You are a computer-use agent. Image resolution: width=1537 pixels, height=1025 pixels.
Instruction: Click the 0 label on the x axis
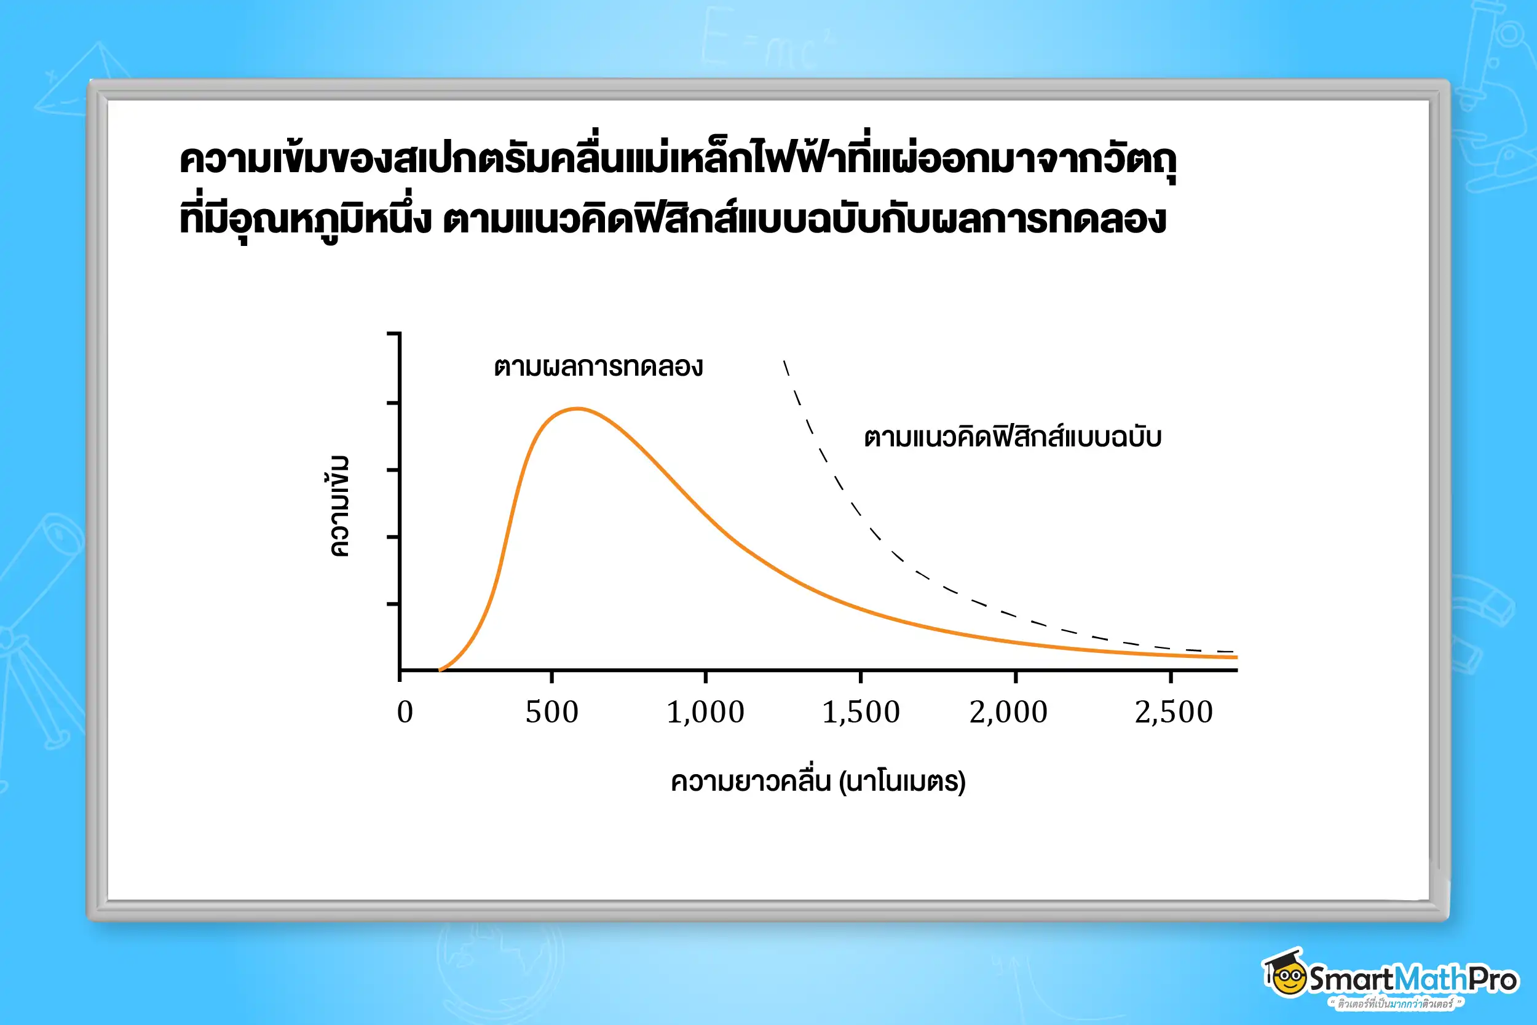click(x=405, y=713)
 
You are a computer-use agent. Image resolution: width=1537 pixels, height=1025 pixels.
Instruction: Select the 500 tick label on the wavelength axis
click(x=552, y=713)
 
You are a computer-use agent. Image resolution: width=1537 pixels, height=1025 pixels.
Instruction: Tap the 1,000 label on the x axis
click(x=706, y=713)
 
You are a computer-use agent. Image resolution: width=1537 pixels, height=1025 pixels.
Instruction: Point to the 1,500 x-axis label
click(x=861, y=713)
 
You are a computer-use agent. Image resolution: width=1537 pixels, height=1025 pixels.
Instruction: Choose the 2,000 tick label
click(x=1008, y=713)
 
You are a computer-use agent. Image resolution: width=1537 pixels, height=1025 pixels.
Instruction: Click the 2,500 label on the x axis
click(x=1174, y=713)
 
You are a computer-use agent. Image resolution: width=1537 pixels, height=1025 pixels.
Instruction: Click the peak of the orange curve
click(x=578, y=410)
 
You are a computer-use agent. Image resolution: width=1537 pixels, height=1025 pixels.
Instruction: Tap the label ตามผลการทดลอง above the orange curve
click(x=598, y=366)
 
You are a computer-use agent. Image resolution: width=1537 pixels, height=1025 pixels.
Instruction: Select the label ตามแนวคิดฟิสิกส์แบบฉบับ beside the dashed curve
click(x=1012, y=437)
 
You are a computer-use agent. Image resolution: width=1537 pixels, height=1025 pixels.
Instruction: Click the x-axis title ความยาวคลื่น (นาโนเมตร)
click(x=818, y=781)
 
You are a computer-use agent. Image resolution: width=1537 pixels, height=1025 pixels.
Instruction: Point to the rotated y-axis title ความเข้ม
click(x=339, y=506)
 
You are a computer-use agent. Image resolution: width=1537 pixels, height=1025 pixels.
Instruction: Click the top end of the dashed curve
click(x=785, y=362)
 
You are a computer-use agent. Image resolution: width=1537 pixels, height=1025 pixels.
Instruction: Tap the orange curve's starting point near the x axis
click(x=440, y=670)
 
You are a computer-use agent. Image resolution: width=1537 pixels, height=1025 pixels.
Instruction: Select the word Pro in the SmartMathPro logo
click(x=1493, y=979)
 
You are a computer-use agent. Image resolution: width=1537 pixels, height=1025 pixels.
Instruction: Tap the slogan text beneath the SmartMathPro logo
click(x=1395, y=1003)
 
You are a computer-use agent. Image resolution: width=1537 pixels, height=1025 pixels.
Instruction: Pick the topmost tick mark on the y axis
click(x=393, y=334)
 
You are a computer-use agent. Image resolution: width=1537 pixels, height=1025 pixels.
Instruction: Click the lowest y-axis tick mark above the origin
click(x=393, y=604)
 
